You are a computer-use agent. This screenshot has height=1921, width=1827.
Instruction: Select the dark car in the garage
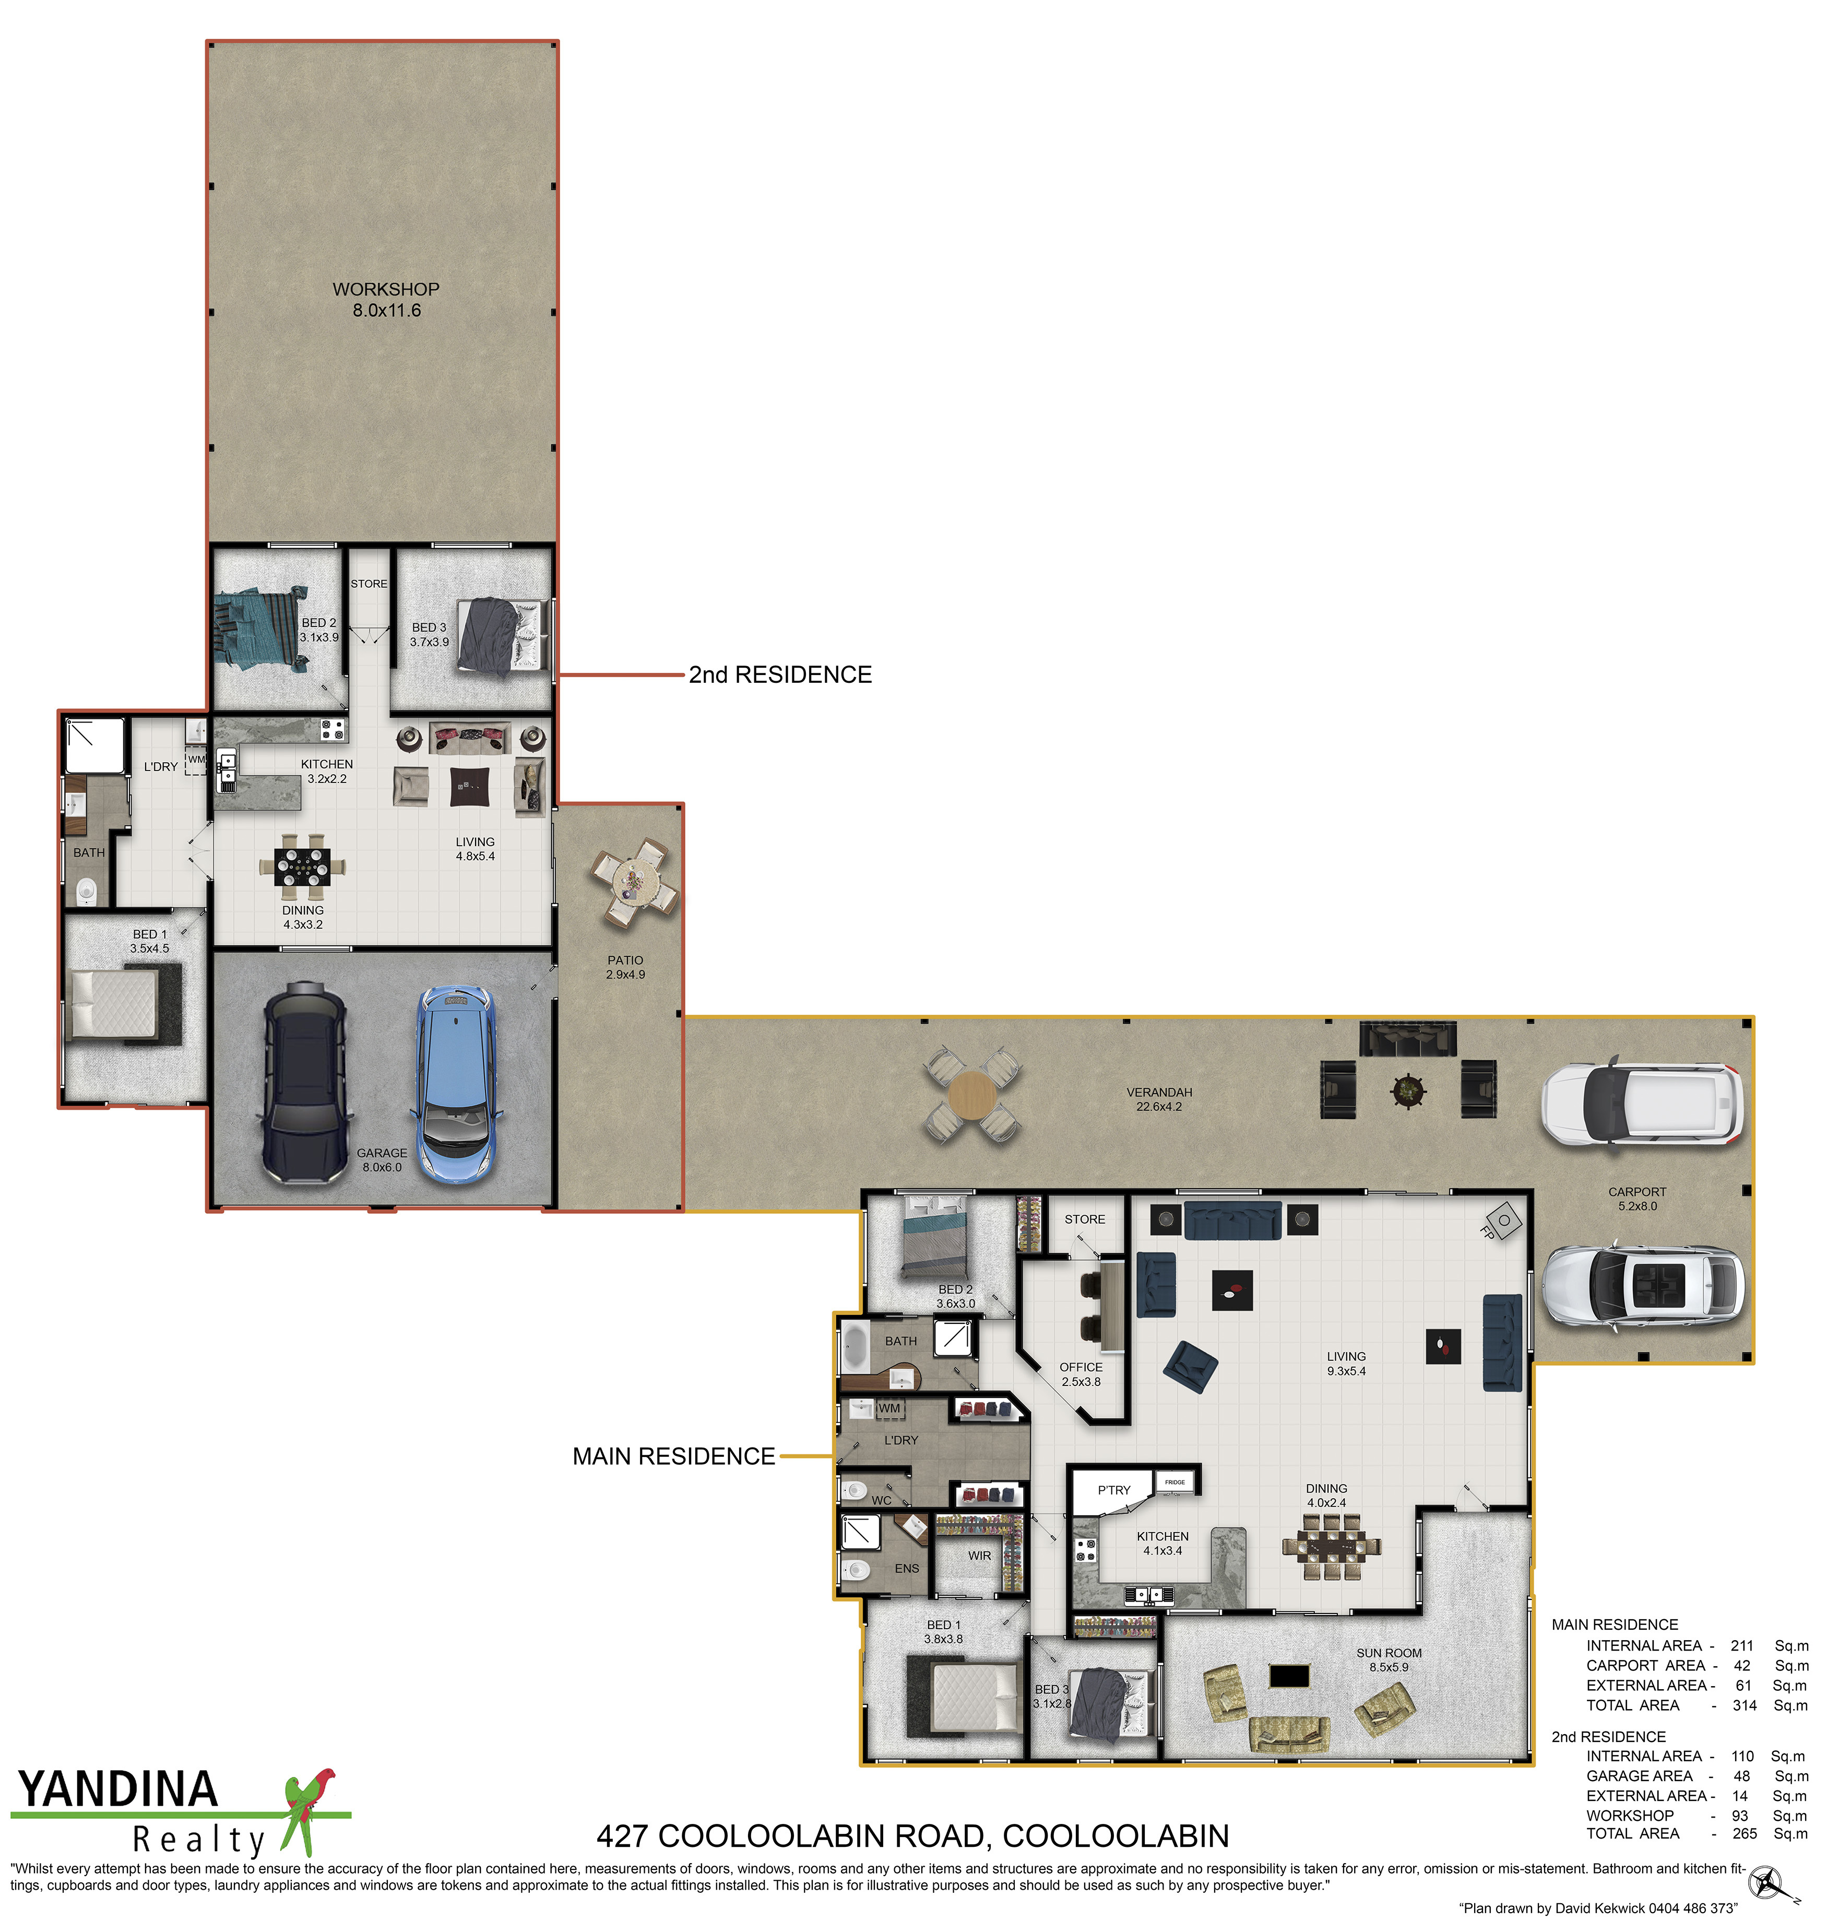click(x=305, y=1083)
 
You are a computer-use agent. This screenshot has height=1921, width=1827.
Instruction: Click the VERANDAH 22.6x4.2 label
click(x=1159, y=1099)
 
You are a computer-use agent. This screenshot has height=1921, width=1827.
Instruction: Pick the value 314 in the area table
click(x=1744, y=1705)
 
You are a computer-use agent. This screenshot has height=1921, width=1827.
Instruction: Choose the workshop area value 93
click(x=1739, y=1815)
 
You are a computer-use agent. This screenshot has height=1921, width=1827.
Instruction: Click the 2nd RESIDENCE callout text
click(x=780, y=675)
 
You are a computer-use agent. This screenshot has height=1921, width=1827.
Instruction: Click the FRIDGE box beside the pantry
click(x=1176, y=1482)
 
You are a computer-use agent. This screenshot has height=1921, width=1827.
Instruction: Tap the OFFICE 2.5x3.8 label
click(x=1081, y=1374)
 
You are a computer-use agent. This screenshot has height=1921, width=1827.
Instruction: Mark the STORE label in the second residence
click(x=369, y=584)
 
